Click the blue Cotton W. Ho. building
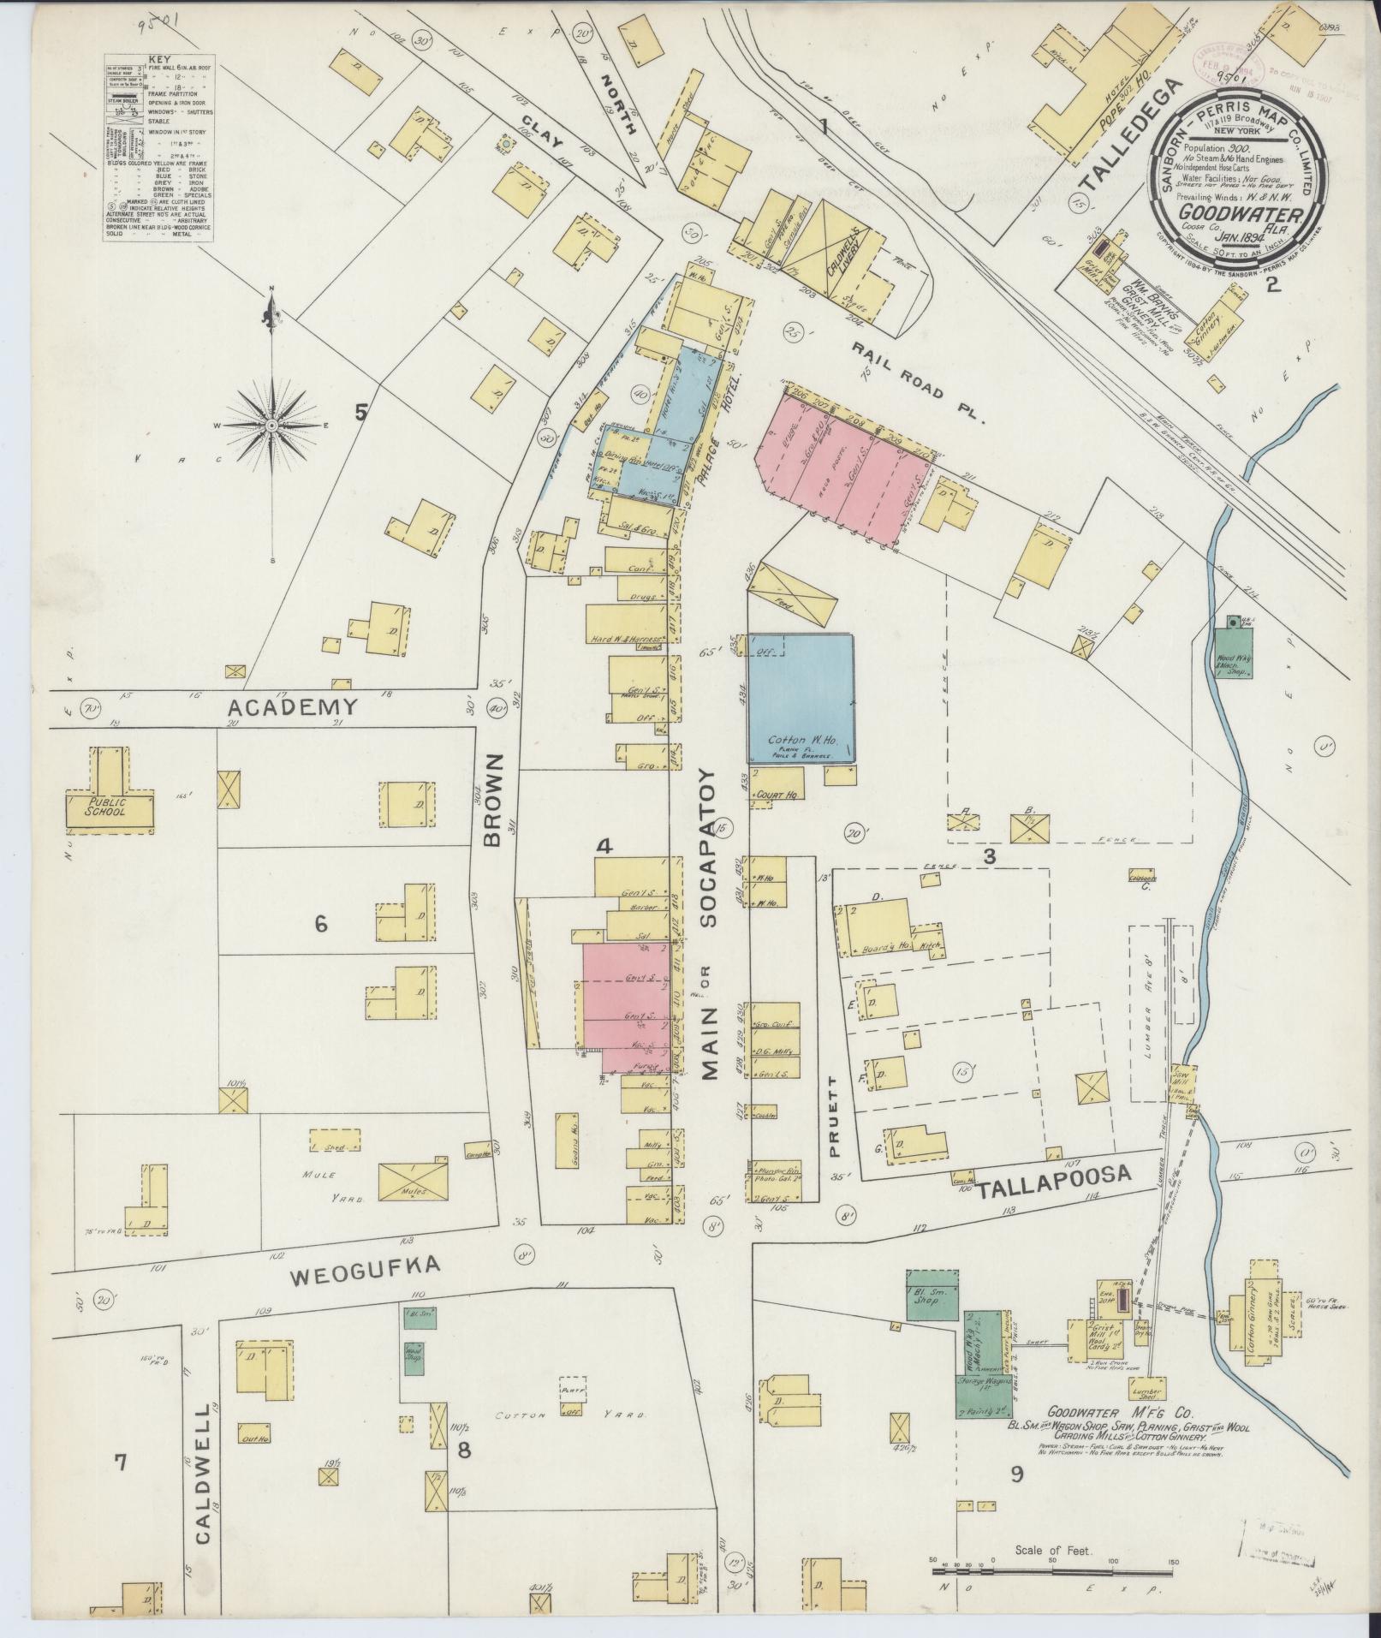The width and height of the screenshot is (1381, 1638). point(801,698)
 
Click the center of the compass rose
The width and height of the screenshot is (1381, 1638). point(271,425)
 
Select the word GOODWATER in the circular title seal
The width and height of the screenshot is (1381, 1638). point(1229,217)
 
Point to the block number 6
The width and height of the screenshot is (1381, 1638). point(321,924)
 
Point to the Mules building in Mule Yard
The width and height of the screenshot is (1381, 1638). point(414,1182)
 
